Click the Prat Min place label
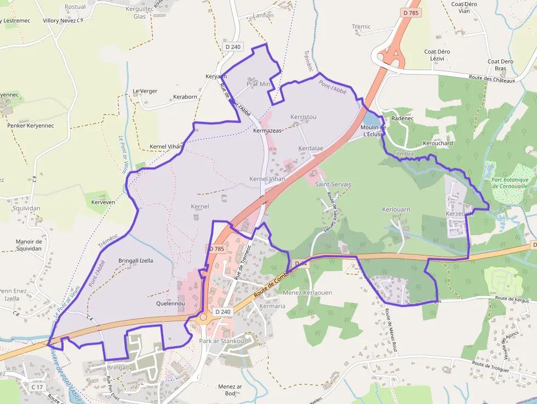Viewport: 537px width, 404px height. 258,84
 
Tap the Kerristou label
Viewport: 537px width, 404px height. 303,117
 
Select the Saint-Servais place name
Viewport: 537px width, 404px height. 333,185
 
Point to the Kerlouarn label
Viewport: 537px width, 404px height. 396,210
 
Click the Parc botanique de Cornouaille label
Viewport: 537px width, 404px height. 510,183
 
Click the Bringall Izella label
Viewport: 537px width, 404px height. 135,261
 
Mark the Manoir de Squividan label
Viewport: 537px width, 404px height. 29,245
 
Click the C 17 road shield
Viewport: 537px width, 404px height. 37,387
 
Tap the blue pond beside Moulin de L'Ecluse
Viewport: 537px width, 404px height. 370,120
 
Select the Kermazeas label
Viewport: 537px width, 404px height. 267,131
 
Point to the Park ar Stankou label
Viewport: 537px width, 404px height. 221,341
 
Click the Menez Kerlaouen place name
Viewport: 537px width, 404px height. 307,293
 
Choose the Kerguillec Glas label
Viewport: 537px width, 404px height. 139,13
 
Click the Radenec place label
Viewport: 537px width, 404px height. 402,118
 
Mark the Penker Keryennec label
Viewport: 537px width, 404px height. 31,126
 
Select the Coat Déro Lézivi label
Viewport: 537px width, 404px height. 437,55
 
